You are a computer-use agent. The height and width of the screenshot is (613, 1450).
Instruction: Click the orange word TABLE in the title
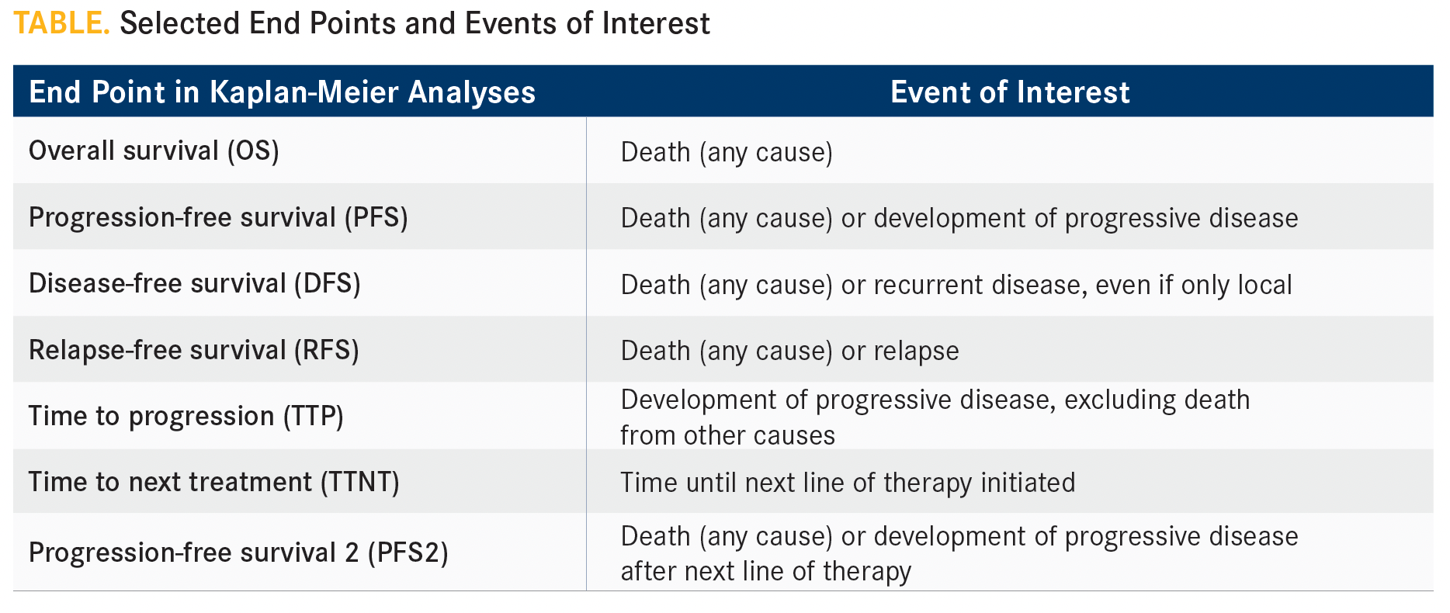[x=61, y=23]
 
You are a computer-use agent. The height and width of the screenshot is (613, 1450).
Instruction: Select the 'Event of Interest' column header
[x=1010, y=92]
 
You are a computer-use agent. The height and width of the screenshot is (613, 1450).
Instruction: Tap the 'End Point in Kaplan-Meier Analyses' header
[x=283, y=92]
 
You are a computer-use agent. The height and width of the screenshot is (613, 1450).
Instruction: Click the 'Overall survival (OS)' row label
[x=154, y=151]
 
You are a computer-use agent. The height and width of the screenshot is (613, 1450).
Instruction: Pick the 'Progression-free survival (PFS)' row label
[x=218, y=217]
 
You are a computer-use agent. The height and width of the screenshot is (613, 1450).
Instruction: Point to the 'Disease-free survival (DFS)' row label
[x=195, y=283]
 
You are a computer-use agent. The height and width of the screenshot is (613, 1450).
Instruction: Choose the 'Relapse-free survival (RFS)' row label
[x=194, y=350]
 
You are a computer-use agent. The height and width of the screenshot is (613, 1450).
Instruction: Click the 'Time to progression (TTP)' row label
[x=186, y=416]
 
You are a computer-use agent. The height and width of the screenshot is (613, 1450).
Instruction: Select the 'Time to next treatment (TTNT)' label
[x=214, y=482]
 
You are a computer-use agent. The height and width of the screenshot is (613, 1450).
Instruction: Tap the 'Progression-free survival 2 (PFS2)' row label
[x=238, y=552]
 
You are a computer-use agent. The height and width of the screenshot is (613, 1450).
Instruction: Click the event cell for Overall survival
[x=727, y=152]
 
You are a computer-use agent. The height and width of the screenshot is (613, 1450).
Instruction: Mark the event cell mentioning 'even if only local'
[x=956, y=285]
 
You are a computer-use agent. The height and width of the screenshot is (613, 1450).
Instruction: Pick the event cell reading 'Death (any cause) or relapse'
[x=789, y=351]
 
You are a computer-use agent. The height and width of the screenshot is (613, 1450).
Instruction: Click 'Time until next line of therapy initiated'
[x=848, y=483]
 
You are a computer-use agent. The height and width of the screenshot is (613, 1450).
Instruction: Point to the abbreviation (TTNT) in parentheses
[x=360, y=482]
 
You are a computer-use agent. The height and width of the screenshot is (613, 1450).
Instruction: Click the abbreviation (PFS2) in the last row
[x=408, y=552]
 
